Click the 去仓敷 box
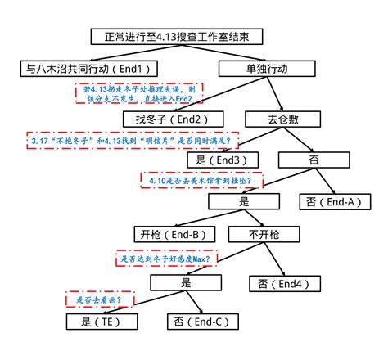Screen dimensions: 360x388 point(280,119)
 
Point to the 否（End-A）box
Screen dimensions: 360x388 point(332,200)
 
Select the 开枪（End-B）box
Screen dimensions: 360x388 point(174,235)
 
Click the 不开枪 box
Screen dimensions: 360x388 point(264,235)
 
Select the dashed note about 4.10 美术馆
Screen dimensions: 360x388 point(201,179)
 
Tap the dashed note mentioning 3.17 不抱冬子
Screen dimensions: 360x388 point(132,140)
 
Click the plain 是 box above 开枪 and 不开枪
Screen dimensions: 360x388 point(242,200)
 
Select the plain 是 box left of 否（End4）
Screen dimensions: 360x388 point(186,283)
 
